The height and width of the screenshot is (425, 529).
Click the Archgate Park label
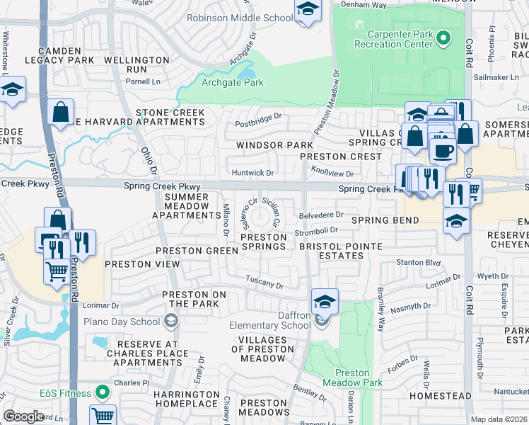point(233,83)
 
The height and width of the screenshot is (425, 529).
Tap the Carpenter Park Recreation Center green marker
point(443,38)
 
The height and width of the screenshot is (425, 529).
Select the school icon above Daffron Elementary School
point(325,301)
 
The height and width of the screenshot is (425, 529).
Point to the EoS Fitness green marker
point(103,392)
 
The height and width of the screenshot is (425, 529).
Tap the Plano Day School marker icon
point(170,321)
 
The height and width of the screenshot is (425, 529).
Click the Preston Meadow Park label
point(359,378)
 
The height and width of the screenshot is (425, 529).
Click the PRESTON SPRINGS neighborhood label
point(264,242)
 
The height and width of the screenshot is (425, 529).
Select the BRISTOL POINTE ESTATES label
point(340,250)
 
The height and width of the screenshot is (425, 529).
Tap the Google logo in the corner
point(23,416)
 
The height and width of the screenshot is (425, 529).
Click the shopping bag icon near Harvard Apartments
point(62,111)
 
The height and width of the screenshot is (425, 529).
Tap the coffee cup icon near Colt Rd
point(443,149)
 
